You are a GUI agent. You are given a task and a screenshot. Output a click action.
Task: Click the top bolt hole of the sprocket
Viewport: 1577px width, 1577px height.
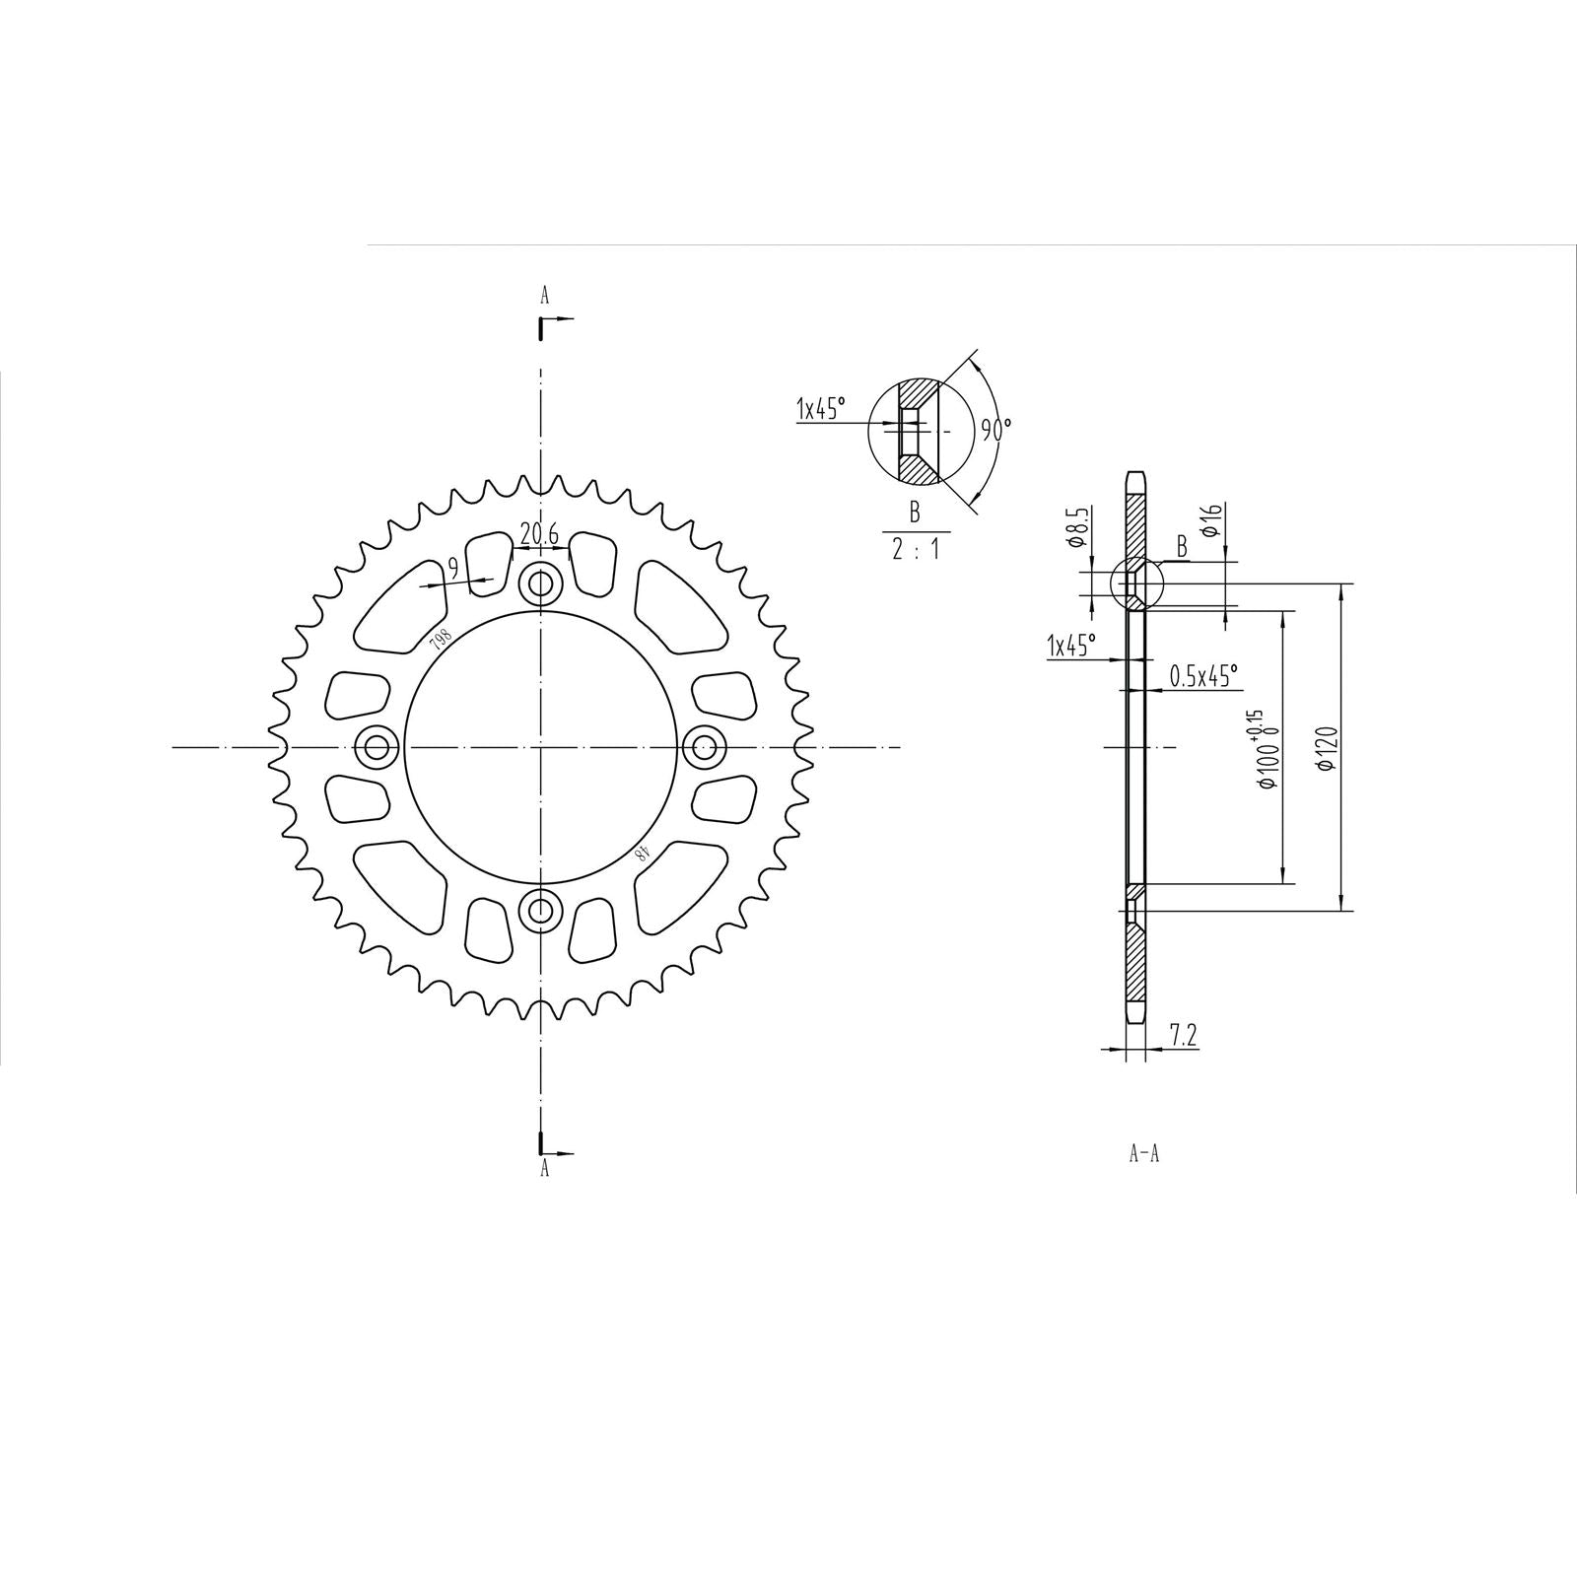(540, 584)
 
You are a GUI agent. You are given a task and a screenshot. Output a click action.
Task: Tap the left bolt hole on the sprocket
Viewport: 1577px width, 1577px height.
(377, 747)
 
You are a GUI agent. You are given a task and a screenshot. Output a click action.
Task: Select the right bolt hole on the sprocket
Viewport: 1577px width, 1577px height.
(704, 747)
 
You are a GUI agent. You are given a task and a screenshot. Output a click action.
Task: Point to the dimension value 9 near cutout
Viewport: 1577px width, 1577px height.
(452, 568)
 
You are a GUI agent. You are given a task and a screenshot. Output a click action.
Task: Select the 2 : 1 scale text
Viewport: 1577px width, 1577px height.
(915, 550)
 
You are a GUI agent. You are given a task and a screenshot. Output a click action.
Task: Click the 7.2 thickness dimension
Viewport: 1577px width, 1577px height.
(1183, 1035)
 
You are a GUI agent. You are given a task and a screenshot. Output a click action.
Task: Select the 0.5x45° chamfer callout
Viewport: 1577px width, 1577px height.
(1203, 676)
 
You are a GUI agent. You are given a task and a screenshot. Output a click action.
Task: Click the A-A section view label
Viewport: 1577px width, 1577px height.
(1143, 1154)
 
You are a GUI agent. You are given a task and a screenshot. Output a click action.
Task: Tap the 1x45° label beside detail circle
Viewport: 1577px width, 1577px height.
(821, 408)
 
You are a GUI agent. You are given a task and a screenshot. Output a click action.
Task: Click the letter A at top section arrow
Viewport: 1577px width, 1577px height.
(543, 294)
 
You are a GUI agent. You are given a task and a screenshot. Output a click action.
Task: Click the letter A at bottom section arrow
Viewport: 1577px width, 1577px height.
(543, 1170)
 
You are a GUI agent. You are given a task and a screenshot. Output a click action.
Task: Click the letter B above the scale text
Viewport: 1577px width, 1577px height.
(915, 512)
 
